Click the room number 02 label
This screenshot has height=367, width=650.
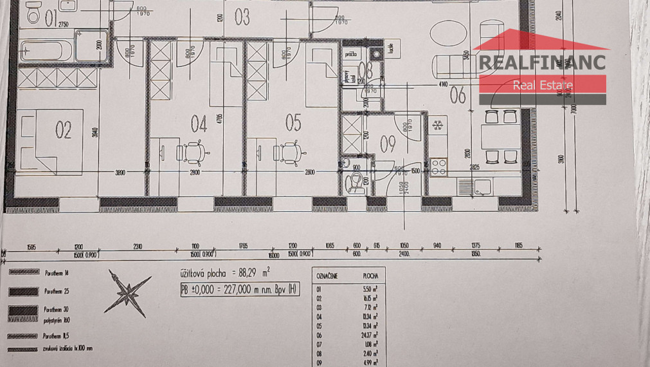(x=63, y=131)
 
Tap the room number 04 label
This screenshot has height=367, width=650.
(x=199, y=123)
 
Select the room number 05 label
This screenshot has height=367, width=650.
(x=293, y=122)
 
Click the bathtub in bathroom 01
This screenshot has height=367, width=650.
(x=45, y=50)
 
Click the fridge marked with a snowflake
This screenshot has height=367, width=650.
(x=438, y=124)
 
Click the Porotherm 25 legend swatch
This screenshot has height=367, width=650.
(x=23, y=292)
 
